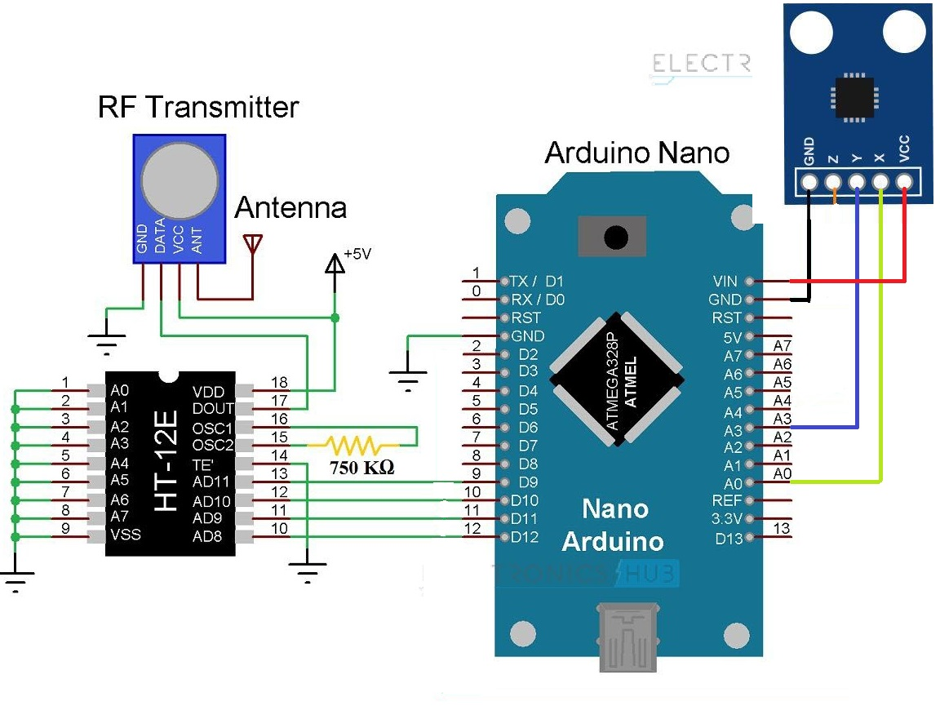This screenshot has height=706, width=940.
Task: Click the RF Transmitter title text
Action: tap(198, 107)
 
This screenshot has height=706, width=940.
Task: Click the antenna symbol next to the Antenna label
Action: tap(254, 243)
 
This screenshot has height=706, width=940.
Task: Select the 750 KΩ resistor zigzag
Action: tap(352, 446)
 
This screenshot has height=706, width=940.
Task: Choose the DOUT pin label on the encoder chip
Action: tap(212, 408)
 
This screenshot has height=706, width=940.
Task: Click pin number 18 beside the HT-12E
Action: tap(279, 383)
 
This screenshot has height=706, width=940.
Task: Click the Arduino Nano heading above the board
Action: tap(637, 153)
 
